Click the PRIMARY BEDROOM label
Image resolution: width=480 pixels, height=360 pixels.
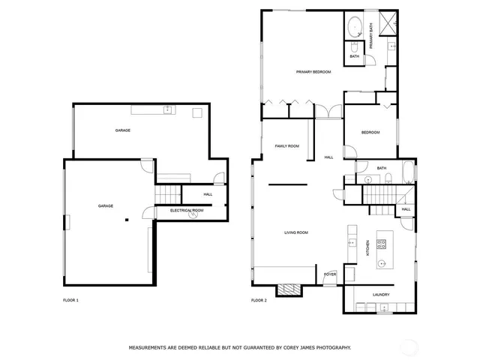[x=313, y=72]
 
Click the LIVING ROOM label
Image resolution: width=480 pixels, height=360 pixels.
[x=295, y=232]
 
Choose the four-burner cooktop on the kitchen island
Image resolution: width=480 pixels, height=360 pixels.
[x=382, y=244]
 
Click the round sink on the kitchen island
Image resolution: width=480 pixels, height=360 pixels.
[x=382, y=263]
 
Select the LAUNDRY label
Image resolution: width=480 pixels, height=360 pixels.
[x=381, y=295]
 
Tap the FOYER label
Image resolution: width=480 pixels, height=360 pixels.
[x=330, y=274]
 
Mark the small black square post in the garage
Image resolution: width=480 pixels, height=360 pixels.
[x=127, y=219]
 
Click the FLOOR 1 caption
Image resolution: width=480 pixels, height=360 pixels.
[x=70, y=300]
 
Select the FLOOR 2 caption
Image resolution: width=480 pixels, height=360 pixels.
[x=259, y=300]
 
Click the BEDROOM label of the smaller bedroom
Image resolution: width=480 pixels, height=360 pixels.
[x=370, y=133]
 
